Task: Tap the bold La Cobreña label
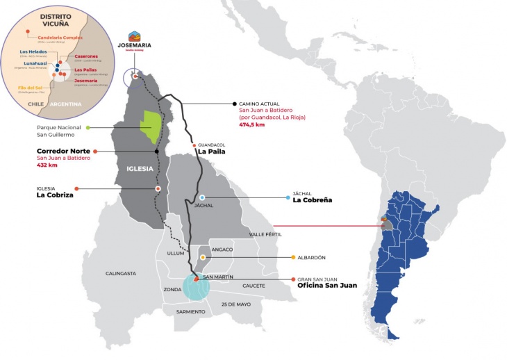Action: point(313,200)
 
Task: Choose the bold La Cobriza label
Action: point(55,195)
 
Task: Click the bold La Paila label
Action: point(211,152)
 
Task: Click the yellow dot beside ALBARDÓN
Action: point(294,257)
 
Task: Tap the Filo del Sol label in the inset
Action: point(31,88)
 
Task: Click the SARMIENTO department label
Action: point(190,312)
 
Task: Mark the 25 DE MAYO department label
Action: point(235,305)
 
